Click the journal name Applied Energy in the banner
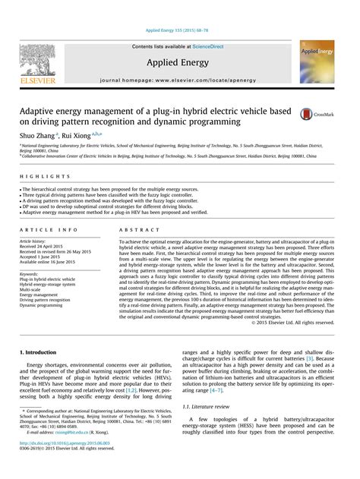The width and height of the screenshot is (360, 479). tap(180, 62)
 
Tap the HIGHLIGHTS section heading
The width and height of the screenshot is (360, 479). tap(39, 176)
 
